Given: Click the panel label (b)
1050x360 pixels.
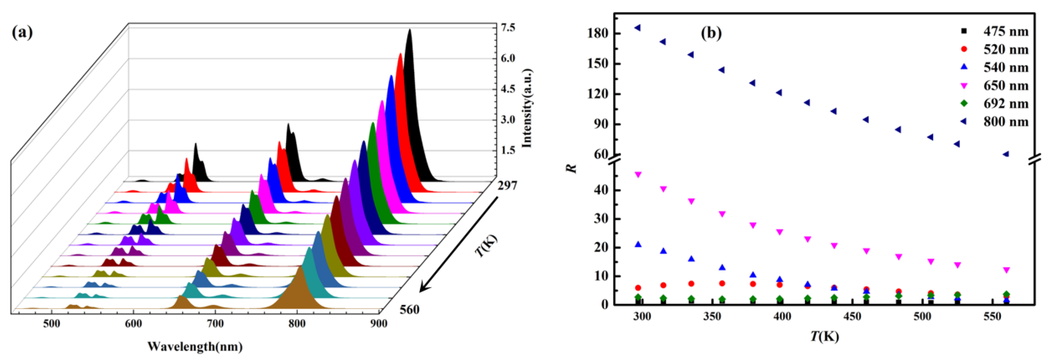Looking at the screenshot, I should (x=711, y=33).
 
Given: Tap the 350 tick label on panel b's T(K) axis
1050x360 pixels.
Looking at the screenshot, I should (x=712, y=316).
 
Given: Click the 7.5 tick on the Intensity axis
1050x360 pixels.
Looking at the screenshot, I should (x=507, y=28).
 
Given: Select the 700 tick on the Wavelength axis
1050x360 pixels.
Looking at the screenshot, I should (x=215, y=324).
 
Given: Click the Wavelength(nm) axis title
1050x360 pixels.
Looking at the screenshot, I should (x=195, y=347).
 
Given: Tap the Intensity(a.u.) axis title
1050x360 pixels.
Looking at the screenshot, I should (x=527, y=108).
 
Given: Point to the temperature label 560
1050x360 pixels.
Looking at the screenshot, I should (x=409, y=310).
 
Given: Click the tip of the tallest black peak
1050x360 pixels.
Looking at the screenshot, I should (x=410, y=30).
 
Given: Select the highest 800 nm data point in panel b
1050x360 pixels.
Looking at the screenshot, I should (x=637, y=28).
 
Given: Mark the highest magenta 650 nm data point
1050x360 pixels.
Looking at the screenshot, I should (x=638, y=174).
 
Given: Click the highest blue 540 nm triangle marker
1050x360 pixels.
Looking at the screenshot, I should (x=638, y=244).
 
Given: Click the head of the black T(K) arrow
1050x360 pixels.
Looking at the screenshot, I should (x=422, y=291).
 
